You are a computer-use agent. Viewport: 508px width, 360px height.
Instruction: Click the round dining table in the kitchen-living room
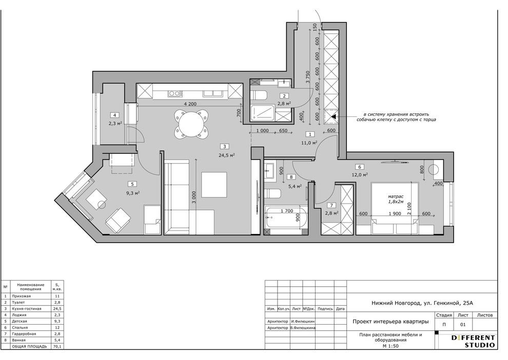tap(192, 124)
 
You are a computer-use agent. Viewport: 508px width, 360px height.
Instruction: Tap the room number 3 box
tap(225, 146)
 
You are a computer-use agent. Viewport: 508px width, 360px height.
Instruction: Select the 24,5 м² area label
tap(226, 155)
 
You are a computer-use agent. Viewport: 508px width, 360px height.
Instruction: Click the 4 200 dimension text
tap(190, 104)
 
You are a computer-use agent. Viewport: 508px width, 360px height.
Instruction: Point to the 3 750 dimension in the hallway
tap(308, 77)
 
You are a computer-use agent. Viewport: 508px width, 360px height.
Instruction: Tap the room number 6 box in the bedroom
tap(360, 167)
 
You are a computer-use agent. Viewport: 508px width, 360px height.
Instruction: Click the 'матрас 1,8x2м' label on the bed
tap(396, 199)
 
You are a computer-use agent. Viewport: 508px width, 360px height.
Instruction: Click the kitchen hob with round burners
tap(174, 93)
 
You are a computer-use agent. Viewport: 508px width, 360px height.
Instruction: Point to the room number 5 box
tap(132, 184)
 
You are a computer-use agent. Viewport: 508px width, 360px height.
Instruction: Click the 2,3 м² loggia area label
tap(115, 124)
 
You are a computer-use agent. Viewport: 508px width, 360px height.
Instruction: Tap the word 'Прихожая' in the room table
tap(21, 296)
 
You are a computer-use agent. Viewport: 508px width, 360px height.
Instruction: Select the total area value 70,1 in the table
tap(57, 346)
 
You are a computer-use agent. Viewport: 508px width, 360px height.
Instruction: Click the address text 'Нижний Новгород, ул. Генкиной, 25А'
tap(422, 304)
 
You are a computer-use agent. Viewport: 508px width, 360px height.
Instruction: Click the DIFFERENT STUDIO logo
tap(473, 341)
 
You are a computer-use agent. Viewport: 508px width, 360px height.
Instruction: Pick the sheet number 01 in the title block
tap(463, 325)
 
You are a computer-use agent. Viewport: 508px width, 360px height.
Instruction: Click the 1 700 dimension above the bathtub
tap(287, 211)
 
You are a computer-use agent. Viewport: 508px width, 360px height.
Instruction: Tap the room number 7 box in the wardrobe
tap(331, 205)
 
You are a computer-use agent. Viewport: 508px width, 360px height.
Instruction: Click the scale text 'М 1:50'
tap(390, 346)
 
